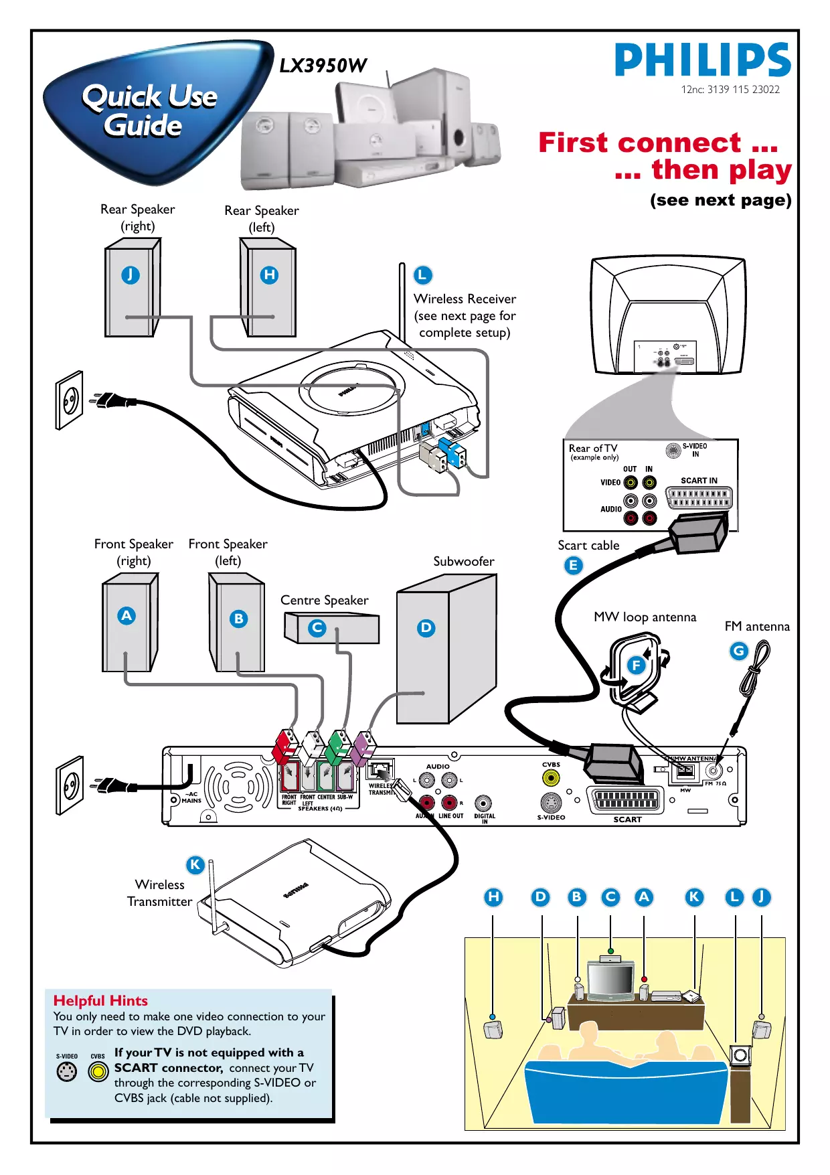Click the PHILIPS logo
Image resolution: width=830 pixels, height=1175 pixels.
coord(702,60)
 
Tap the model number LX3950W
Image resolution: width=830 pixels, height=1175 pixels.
coord(323,66)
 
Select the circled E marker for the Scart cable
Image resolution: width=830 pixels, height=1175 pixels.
coord(573,566)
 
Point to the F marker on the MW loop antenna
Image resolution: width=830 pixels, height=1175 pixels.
coord(636,665)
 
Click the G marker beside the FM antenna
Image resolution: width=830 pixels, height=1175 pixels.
coord(738,651)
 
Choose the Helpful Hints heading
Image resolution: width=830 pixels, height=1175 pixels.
coord(100,1000)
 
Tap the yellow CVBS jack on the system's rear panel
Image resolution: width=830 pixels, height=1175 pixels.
coord(551,778)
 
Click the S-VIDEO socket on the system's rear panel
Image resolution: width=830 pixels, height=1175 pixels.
coord(551,802)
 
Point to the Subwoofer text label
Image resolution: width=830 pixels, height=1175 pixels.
coord(463,561)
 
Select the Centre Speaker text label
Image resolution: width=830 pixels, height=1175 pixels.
coord(324,600)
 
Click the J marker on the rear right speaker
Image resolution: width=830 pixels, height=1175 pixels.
coord(131,275)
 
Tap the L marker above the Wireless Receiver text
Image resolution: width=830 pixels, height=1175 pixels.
coord(422,275)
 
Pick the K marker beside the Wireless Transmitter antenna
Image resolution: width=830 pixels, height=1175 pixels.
coord(195,864)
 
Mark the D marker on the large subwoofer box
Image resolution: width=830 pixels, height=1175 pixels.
coord(426,628)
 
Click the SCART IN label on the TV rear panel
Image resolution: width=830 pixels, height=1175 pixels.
coord(699,481)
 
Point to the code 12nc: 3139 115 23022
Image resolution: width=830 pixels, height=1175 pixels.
coord(730,90)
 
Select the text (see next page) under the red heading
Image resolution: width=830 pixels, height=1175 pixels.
coord(720,200)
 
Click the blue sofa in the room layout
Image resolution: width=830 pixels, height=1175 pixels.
coord(626,1091)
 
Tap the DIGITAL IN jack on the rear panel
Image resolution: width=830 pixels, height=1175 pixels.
coord(483,803)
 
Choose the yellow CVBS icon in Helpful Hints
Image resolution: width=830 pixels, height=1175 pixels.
coord(98,1072)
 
